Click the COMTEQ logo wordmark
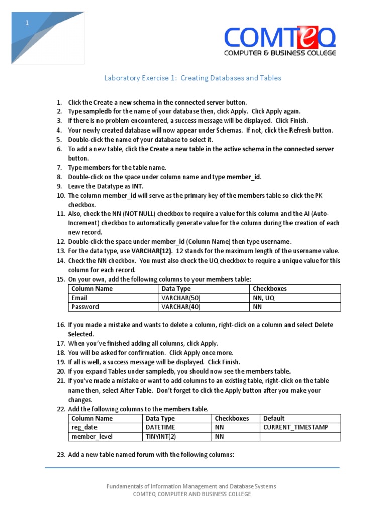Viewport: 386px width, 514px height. point(279,38)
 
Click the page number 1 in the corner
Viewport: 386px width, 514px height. point(28,23)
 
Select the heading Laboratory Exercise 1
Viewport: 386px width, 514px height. point(192,78)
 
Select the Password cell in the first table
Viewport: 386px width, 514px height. point(85,307)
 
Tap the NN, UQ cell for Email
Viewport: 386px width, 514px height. point(264,298)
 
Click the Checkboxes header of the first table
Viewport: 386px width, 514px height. point(270,289)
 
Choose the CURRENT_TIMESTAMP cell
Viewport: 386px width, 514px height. point(296,427)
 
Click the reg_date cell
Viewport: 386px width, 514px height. point(84,427)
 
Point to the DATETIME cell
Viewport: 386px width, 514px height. point(160,427)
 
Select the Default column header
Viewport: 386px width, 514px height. point(274,418)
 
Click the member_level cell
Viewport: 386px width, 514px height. point(92,436)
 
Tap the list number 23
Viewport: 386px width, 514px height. point(61,455)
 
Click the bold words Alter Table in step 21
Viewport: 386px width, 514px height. point(135,390)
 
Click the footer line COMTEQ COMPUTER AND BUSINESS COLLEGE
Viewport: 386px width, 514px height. point(191,494)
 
